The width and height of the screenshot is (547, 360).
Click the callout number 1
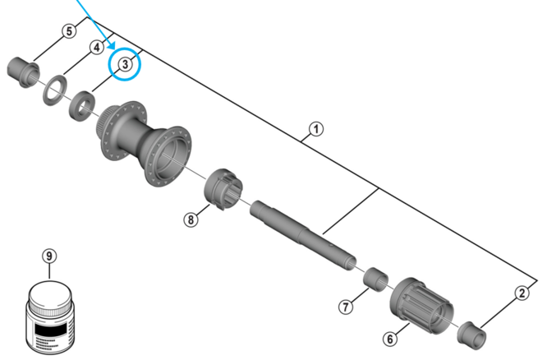click(315, 128)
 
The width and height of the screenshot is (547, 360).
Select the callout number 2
click(522, 293)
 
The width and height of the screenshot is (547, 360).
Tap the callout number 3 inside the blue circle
click(126, 63)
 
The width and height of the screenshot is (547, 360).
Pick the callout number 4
click(96, 47)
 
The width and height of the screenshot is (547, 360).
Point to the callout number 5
click(68, 31)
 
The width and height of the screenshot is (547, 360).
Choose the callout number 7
click(346, 307)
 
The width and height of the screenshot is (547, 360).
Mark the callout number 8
click(191, 219)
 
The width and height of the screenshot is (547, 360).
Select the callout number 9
click(49, 256)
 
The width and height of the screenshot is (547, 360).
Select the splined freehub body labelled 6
click(424, 304)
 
